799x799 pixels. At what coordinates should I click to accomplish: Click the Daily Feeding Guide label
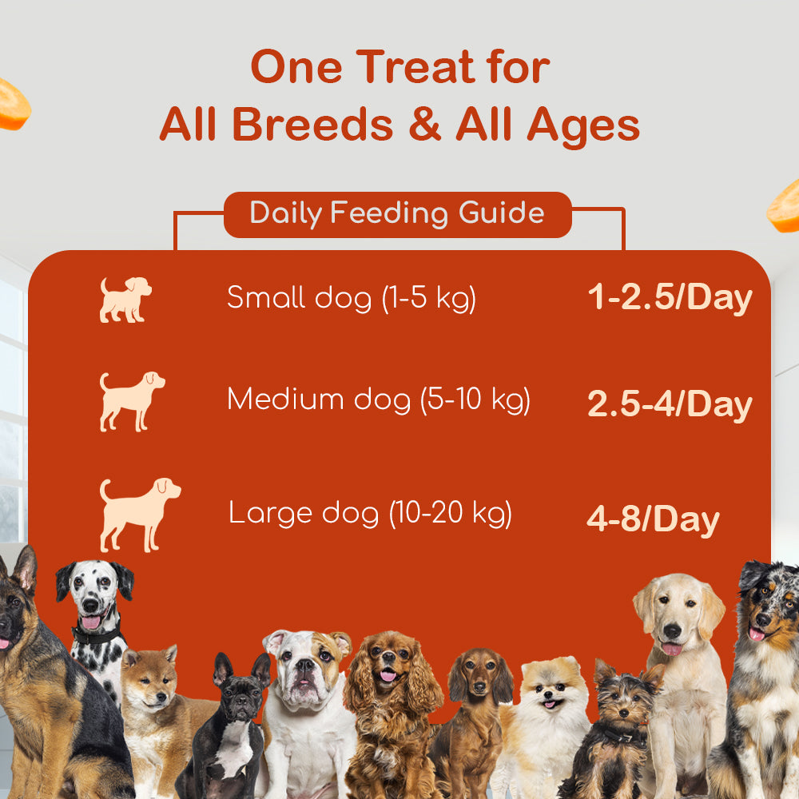point(397,214)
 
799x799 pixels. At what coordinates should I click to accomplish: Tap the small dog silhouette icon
point(125,300)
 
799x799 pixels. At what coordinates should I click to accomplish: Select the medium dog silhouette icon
point(132,400)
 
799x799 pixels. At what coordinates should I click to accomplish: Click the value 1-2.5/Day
point(670,298)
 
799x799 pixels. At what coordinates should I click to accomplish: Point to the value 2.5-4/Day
point(670,404)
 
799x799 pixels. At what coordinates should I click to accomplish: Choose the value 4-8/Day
point(653,520)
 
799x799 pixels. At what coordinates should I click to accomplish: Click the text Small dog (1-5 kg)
point(352,299)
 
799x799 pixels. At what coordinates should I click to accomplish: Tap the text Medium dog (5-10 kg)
point(379,399)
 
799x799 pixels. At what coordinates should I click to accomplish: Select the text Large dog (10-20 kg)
point(371,513)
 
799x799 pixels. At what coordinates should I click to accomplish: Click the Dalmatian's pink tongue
point(90,621)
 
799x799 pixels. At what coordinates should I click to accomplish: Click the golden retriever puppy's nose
point(673,629)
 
